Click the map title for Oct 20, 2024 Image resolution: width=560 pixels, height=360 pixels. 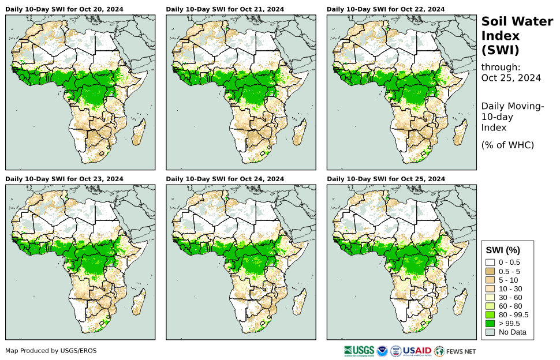point(64,9)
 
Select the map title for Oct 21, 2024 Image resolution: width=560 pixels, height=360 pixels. point(225,9)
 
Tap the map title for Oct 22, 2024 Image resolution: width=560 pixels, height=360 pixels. point(386,9)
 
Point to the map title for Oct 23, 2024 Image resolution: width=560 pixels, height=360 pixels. point(64,179)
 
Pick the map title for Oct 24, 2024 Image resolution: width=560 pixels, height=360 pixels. point(225,179)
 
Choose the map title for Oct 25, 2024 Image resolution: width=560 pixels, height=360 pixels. point(386,179)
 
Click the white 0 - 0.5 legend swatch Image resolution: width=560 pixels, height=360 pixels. point(490,262)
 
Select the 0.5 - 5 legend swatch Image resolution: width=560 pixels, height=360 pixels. point(490,271)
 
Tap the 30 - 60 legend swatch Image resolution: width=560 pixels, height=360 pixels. point(490,297)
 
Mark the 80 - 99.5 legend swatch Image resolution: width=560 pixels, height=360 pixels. point(490,314)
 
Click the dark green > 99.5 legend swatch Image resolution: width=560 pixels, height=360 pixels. point(490,323)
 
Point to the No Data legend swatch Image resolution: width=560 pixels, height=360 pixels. point(490,332)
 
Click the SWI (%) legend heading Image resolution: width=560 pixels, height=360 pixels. point(503,250)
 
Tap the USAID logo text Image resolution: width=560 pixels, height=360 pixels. point(417,350)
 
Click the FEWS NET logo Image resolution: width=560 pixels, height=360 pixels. point(456,350)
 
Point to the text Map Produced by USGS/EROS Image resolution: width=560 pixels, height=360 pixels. point(51,350)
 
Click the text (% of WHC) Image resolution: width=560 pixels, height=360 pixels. point(507,145)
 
